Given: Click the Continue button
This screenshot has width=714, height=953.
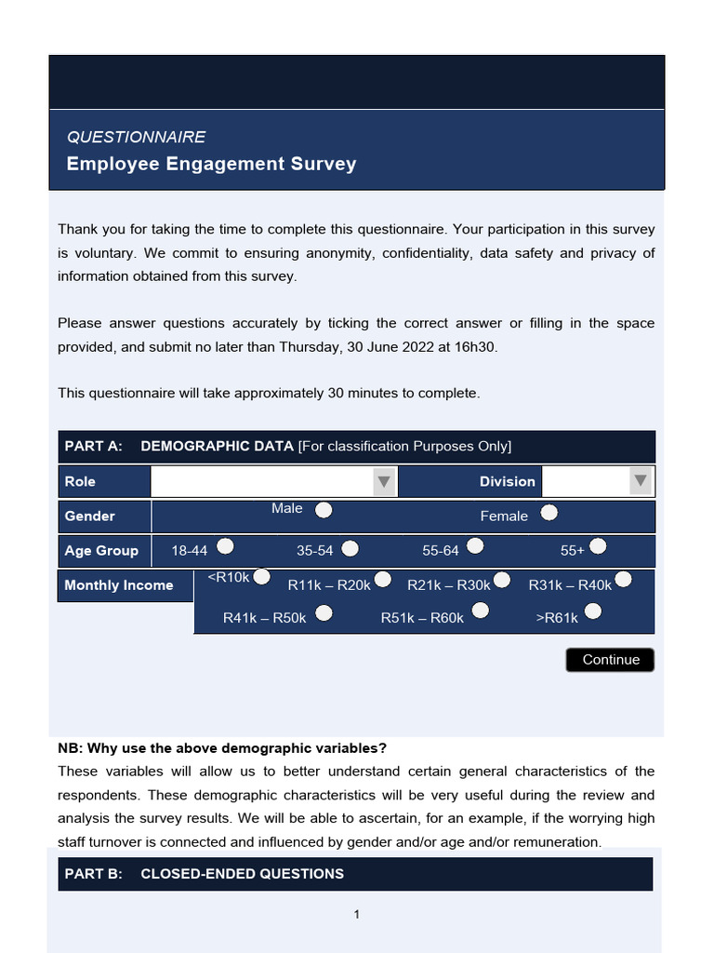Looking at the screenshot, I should (610, 660).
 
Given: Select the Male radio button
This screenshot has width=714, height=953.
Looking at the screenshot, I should (324, 510).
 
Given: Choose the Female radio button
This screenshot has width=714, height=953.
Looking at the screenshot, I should (549, 513).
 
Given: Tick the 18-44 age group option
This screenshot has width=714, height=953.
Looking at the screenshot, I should (225, 546).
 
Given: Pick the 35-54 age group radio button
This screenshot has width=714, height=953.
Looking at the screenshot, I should (350, 548).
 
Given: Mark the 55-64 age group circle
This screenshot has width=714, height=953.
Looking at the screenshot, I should (475, 546).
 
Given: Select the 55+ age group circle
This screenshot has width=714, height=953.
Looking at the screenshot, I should (598, 546).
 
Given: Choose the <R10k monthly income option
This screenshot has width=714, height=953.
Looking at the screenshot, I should (262, 578).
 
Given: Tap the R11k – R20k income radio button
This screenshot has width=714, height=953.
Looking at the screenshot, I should (381, 582).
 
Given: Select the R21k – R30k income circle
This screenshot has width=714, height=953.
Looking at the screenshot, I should (502, 581).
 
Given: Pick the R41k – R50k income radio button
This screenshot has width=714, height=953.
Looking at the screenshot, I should (324, 613).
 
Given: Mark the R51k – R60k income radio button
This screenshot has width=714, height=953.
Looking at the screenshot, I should (481, 611).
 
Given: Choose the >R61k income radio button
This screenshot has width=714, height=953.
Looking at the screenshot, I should (592, 611).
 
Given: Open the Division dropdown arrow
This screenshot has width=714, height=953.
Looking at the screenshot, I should (640, 481).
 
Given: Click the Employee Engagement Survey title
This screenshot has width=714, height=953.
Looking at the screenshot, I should (211, 164).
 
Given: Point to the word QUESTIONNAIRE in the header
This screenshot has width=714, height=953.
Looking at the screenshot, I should (136, 137).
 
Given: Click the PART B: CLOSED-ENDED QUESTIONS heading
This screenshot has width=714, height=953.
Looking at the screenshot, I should (205, 874).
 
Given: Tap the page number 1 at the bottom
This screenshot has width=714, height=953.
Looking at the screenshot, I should (356, 915).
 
